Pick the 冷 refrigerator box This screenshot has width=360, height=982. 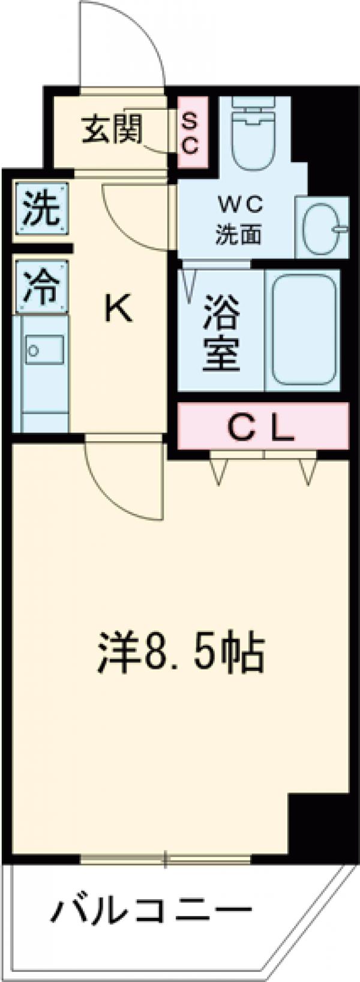pyautogui.click(x=41, y=287)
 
